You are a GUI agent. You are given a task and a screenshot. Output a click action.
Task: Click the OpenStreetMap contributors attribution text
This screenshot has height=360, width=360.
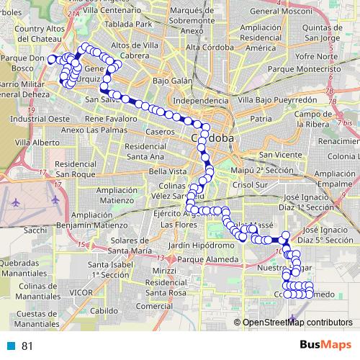coord(298,323)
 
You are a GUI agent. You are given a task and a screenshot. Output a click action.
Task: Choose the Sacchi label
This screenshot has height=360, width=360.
coord(35,230)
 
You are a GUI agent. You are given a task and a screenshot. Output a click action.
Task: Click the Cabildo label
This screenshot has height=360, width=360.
coord(104,310)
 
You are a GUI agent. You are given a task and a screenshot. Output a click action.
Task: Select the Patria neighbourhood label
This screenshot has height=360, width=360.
coord(261,117)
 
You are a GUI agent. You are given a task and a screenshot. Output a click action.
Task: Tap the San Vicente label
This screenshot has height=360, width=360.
coord(275,155)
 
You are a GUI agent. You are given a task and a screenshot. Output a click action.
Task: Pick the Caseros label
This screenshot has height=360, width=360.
coord(160,132)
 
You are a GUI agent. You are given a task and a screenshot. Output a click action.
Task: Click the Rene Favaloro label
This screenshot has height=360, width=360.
coord(111,117)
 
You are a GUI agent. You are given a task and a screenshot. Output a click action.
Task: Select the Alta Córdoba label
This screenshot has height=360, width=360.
coord(207,47)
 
